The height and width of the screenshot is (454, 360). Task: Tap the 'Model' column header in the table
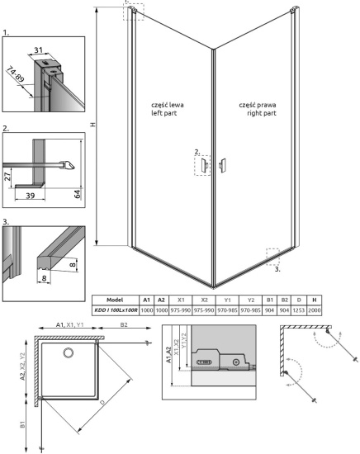coord(115,300)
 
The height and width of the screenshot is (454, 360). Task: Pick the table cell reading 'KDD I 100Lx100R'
coord(115,310)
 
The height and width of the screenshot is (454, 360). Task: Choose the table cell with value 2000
coord(316,310)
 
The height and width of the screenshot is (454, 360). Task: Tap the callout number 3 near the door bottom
coord(277,268)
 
